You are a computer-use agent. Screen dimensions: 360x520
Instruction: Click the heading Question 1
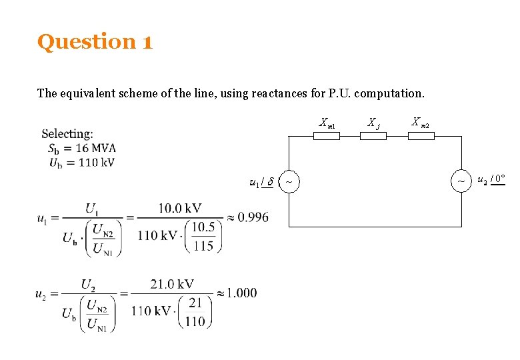click(95, 42)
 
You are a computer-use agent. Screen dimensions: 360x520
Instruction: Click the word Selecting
click(67, 134)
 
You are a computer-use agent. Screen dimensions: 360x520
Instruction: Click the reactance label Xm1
click(327, 123)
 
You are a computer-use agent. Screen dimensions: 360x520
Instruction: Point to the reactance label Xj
click(373, 123)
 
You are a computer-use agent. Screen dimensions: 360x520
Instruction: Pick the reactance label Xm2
click(420, 122)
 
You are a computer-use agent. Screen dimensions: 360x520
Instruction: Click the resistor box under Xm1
click(327, 135)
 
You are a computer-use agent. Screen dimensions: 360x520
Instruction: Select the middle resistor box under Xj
click(373, 135)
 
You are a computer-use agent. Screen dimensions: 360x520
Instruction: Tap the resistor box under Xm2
click(421, 135)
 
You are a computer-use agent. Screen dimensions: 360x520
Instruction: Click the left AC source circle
click(289, 181)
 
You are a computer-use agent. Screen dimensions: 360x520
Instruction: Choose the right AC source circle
click(461, 181)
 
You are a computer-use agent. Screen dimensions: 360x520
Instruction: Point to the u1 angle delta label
click(261, 181)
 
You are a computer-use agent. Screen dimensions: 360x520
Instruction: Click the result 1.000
click(241, 293)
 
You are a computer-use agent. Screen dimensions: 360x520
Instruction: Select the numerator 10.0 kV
click(179, 209)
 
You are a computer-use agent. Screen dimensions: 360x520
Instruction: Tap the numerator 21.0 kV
click(172, 285)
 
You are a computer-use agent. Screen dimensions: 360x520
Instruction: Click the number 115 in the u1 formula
click(203, 245)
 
